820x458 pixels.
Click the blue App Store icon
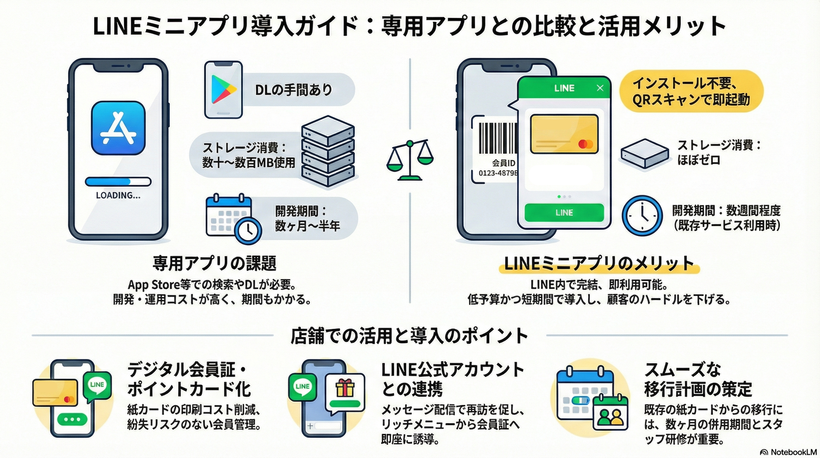(119, 128)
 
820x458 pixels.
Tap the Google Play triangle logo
(224, 90)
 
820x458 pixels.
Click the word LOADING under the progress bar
(118, 195)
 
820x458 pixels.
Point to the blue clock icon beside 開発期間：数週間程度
(642, 216)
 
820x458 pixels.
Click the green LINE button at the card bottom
(564, 212)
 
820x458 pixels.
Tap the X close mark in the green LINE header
(600, 88)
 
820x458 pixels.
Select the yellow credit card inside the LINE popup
(564, 134)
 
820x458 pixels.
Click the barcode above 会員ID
(497, 138)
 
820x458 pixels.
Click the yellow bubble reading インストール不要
(691, 91)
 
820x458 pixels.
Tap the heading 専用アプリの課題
(214, 263)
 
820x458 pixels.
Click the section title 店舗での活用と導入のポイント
(409, 335)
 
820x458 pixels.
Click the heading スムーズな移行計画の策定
(698, 379)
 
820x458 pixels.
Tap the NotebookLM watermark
(788, 452)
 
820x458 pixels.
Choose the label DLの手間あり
(294, 90)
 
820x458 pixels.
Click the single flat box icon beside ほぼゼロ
(645, 153)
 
